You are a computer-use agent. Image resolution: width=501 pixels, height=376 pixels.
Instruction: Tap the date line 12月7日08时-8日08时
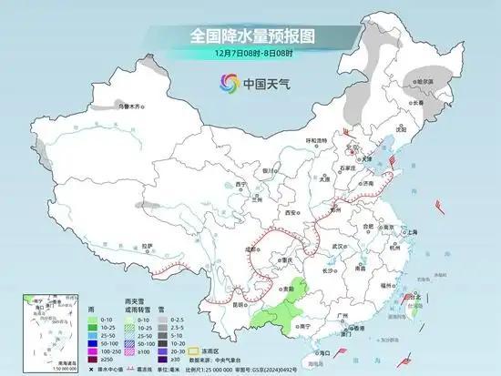250,56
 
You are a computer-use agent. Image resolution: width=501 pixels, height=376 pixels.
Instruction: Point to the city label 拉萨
147,245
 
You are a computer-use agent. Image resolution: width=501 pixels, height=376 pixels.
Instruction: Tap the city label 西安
291,212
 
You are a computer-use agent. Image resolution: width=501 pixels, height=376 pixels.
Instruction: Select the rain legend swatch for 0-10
93,320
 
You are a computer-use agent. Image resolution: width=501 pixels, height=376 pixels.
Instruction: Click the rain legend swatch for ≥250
93,357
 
